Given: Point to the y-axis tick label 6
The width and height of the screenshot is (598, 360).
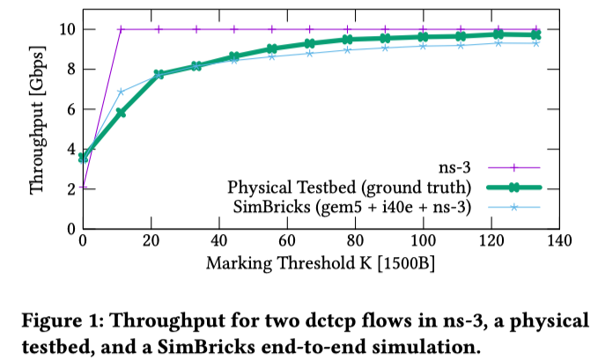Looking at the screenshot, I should [x=68, y=109].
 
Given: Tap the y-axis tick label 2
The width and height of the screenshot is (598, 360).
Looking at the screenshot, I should [x=68, y=188].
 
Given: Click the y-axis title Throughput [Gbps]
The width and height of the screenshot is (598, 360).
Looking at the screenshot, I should [x=37, y=128].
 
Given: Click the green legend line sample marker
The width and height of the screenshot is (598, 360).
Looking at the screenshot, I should [x=512, y=187].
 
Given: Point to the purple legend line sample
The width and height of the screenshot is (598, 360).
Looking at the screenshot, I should [x=512, y=167].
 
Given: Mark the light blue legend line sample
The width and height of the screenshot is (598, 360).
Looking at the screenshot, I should [x=512, y=208].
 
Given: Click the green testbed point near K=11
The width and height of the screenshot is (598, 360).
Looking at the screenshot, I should [x=121, y=113].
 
